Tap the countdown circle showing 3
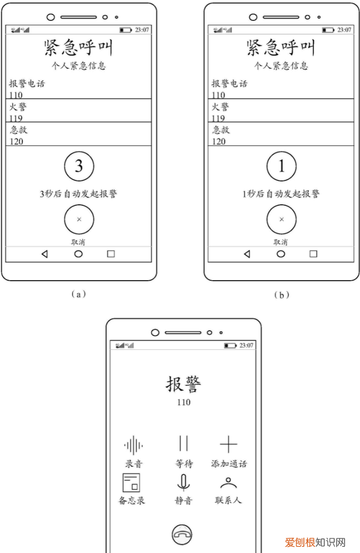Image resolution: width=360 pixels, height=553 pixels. tap(79, 166)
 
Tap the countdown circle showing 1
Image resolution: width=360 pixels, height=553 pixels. tap(281, 166)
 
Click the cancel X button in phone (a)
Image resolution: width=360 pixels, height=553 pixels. tap(79, 219)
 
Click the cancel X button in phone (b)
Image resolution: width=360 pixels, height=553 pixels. tap(281, 219)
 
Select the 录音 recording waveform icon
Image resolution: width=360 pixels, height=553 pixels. tap(133, 445)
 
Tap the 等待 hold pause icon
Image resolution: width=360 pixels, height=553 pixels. tap(183, 444)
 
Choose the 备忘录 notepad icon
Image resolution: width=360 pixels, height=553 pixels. tap(131, 483)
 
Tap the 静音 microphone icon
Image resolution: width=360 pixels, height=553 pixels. tap(183, 483)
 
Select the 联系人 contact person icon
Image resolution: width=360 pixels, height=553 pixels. tap(228, 483)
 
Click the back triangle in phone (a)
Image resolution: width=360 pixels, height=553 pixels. tap(44, 254)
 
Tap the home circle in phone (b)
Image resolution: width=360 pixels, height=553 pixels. tap(281, 254)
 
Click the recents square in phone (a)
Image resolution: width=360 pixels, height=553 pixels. tap(111, 254)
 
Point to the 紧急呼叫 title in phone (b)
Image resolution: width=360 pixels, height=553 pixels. tap(281, 48)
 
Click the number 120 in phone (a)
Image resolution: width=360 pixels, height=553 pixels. tap(16, 141)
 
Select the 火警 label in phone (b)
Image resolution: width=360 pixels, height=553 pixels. tap(220, 106)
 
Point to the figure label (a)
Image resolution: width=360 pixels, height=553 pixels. tap(79, 294)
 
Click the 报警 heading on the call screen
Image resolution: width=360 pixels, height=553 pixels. tap(183, 384)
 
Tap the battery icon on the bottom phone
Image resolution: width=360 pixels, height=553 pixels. tap(230, 345)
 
